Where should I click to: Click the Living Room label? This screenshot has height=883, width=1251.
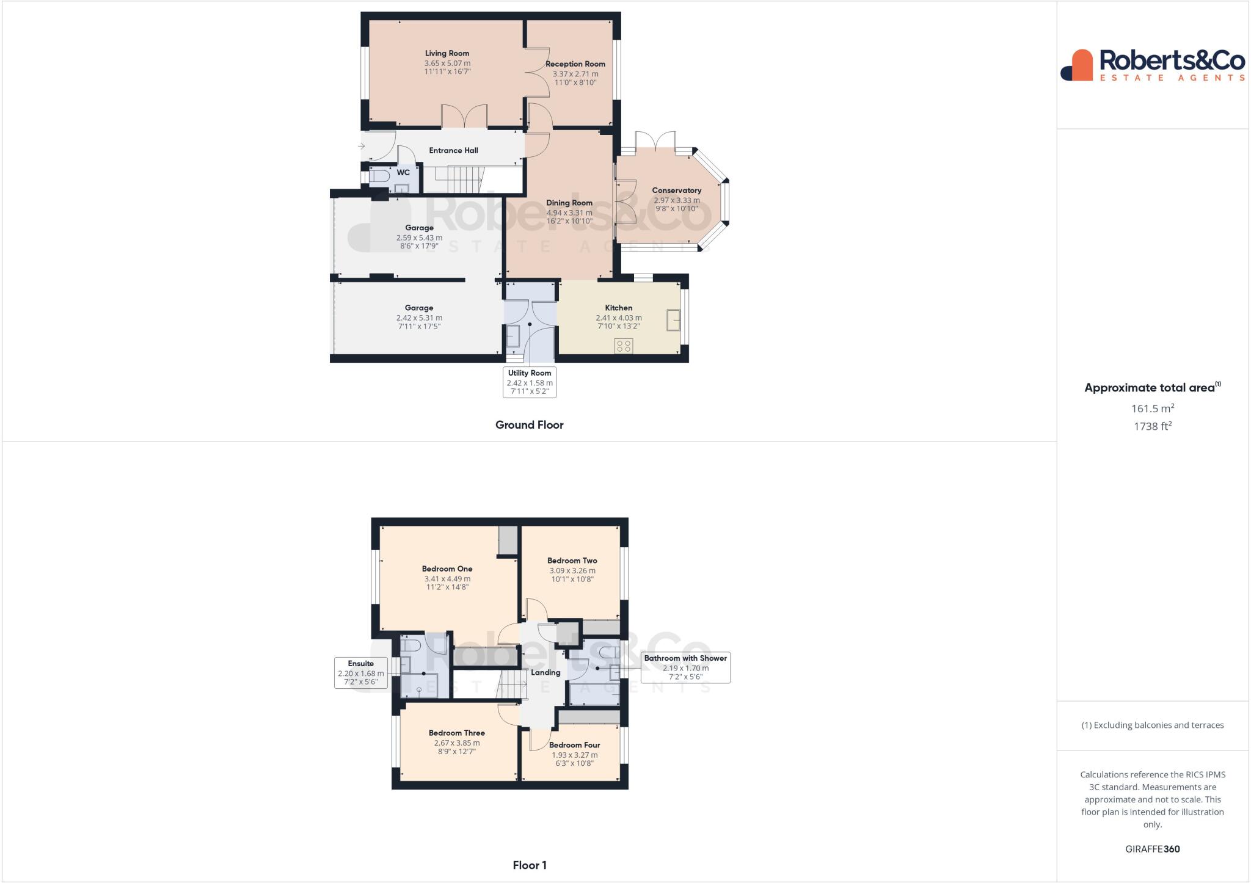tap(447, 54)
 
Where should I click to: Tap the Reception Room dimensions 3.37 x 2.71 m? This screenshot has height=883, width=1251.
tap(575, 74)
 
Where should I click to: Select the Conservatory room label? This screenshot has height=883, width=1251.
tap(676, 191)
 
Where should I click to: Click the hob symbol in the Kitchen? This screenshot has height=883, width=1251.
tap(624, 346)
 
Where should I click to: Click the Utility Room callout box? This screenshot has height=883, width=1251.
tap(530, 382)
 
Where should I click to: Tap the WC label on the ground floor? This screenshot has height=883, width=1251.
tap(403, 173)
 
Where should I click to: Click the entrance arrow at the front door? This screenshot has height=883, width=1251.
tap(362, 147)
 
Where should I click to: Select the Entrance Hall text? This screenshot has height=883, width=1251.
tap(453, 151)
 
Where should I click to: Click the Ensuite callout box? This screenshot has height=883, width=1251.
tap(361, 673)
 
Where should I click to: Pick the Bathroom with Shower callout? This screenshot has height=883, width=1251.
tap(685, 667)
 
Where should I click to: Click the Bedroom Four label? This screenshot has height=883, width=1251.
tap(574, 745)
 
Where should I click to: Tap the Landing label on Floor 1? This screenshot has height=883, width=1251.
tap(545, 673)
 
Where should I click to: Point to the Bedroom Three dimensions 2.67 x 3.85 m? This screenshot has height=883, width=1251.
tap(457, 743)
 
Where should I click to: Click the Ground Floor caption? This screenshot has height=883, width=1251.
tap(529, 425)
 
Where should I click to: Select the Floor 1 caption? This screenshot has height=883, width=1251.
tap(529, 865)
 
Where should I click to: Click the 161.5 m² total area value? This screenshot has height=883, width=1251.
tap(1152, 409)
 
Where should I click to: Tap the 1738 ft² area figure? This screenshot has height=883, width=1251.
tap(1152, 427)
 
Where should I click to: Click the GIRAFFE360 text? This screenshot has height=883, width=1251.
tap(1152, 849)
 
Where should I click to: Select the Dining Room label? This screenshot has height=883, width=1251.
tap(569, 203)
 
